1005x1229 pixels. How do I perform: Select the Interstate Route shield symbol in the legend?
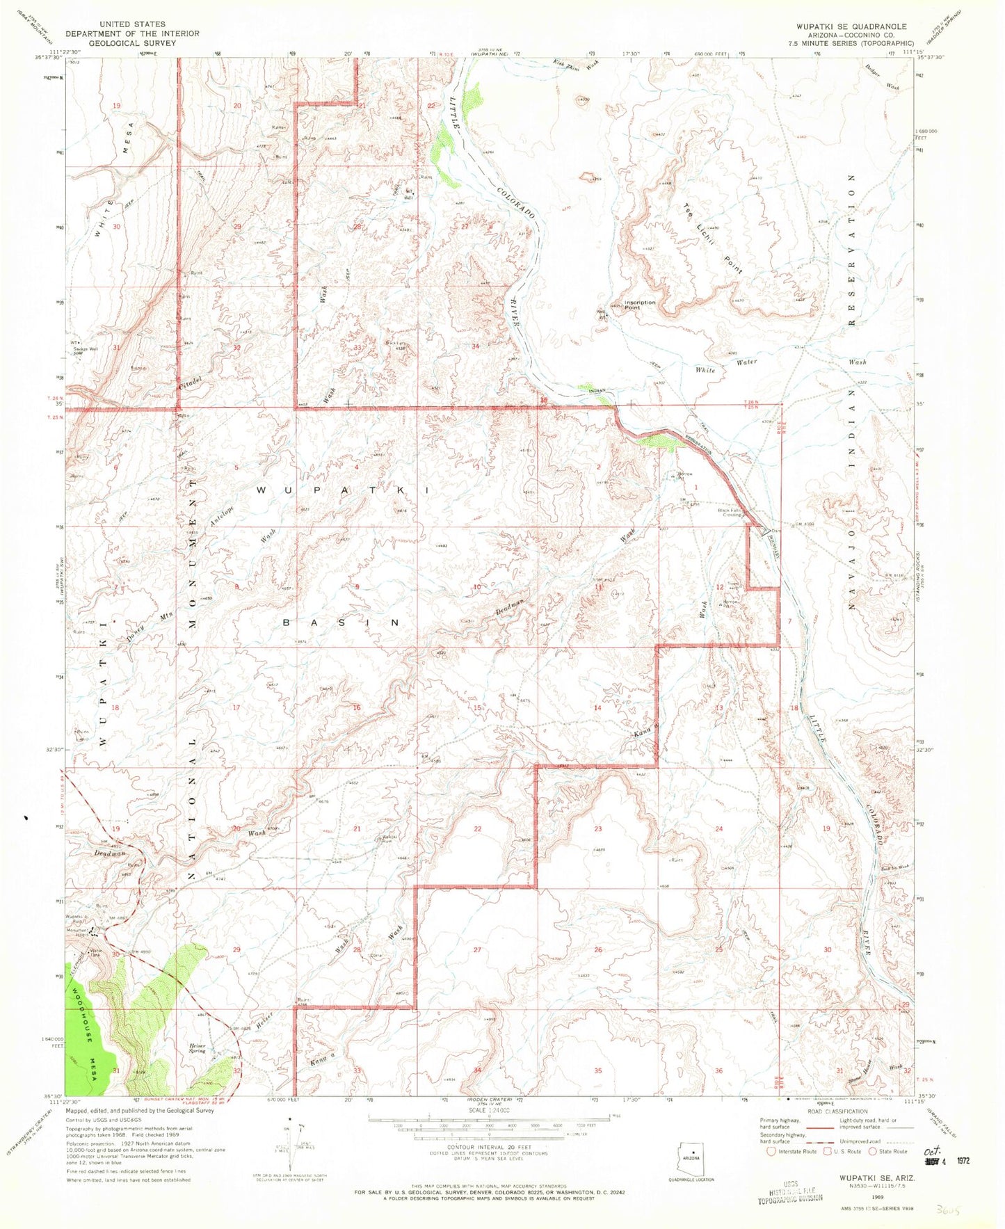[770, 1151]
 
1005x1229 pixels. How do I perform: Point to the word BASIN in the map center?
[341, 622]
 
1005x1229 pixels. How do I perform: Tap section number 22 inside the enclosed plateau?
[477, 828]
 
